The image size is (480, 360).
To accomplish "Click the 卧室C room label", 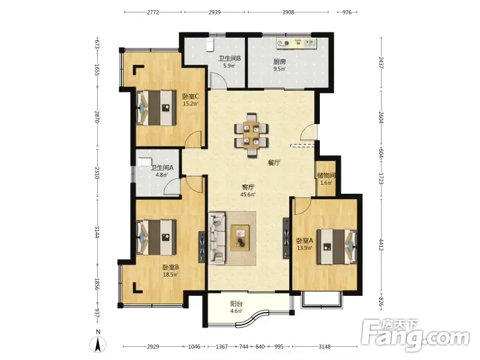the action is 191,97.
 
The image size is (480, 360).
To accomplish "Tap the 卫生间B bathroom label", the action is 229,58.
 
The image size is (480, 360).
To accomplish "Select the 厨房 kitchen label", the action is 280,62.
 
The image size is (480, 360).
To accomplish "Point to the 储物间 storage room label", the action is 326,176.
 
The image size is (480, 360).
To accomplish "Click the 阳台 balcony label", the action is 236,304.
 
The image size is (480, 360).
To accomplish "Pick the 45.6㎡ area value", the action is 248,194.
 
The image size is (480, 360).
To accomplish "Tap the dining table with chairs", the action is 251,136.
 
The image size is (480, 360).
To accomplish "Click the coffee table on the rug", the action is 241,238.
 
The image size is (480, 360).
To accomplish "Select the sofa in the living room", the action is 217,238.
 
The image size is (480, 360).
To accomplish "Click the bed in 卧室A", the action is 337,247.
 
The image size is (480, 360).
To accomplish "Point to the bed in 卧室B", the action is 156,237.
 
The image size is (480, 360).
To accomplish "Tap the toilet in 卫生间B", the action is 210,44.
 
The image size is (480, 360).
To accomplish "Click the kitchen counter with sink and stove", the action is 296,43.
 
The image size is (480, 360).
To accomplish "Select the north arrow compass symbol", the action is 98,344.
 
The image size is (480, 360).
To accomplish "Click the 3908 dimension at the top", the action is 288,12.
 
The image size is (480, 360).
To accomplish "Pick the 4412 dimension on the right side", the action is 382,245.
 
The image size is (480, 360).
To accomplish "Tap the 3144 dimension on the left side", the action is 97,232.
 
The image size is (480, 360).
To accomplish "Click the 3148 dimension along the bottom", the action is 325,347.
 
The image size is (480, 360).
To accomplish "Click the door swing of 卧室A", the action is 302,206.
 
